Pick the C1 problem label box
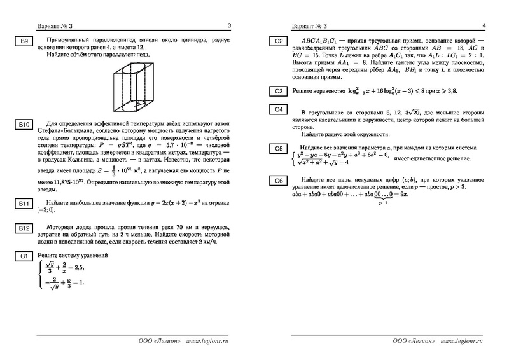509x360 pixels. click(22, 256)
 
